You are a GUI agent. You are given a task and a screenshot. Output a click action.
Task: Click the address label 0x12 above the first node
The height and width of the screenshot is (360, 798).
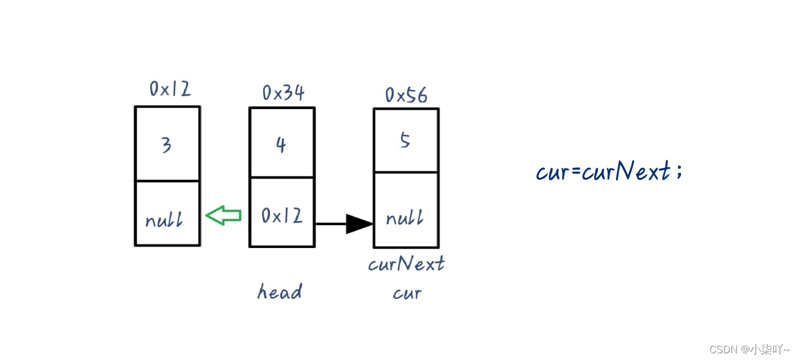tap(170, 88)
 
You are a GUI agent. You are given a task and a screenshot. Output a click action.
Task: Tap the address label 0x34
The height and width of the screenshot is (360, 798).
tap(283, 92)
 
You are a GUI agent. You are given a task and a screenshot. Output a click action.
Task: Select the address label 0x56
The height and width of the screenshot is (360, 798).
tap(406, 95)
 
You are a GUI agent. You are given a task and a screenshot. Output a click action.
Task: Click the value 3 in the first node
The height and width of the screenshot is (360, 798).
tap(166, 146)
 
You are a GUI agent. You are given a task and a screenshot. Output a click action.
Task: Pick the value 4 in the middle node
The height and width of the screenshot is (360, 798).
tap(281, 145)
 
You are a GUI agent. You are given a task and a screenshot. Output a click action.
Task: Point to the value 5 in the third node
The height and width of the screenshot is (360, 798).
tap(405, 141)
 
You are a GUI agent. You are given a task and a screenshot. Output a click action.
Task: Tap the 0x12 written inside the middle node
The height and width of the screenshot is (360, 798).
tap(282, 216)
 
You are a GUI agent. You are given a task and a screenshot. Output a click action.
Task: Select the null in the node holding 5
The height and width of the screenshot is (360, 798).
tap(404, 218)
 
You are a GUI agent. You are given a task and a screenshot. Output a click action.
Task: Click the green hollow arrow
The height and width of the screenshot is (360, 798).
tap(223, 215)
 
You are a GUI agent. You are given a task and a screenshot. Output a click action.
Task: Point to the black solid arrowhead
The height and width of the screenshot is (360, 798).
tap(359, 224)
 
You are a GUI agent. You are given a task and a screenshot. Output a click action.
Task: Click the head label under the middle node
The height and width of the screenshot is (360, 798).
tap(279, 291)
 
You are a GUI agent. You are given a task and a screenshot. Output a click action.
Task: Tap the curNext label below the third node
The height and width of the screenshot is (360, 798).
tap(406, 264)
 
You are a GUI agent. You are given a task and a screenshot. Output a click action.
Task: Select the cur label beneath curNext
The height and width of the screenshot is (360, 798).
tap(407, 293)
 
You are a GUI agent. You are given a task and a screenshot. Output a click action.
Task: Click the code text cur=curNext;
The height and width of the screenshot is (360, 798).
tap(609, 171)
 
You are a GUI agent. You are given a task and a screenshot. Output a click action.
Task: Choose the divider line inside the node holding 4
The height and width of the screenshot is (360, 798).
tap(282, 177)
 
